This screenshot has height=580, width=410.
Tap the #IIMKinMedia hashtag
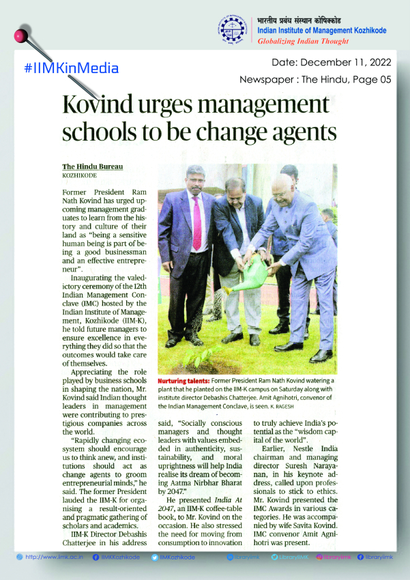pos(71,68)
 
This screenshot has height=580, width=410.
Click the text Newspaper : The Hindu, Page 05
pos(315,81)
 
